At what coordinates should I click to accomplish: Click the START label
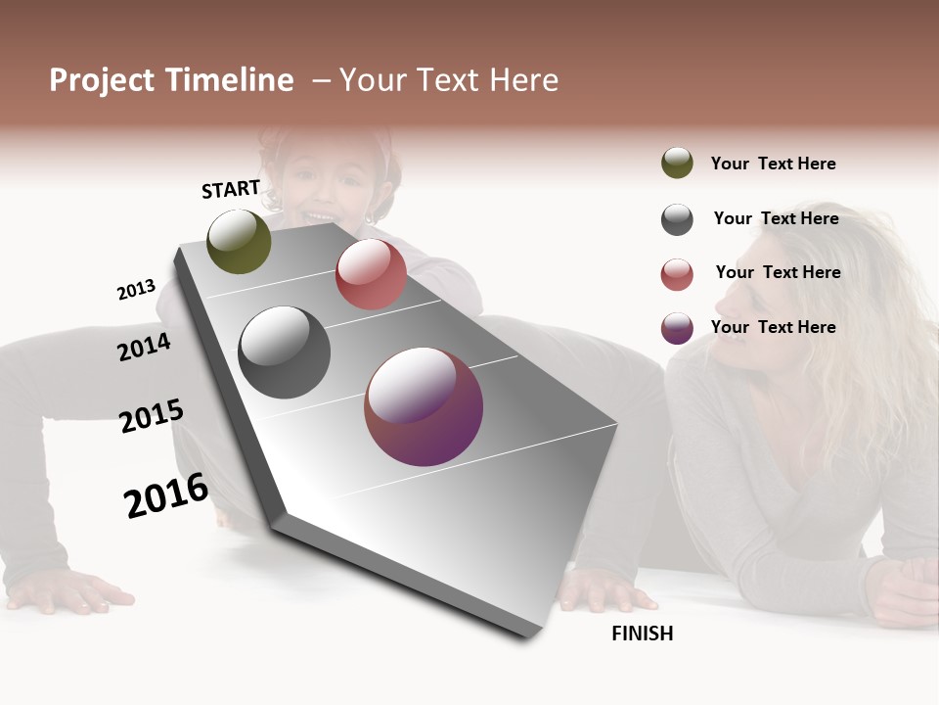click(x=231, y=189)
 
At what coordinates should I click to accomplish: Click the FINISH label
click(x=642, y=634)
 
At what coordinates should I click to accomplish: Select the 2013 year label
click(x=136, y=290)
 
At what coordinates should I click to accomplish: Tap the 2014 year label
click(x=144, y=347)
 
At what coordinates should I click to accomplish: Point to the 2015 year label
click(x=152, y=416)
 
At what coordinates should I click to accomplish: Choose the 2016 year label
click(x=166, y=495)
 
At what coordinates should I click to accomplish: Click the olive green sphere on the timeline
click(x=239, y=241)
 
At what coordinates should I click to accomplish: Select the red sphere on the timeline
click(x=371, y=274)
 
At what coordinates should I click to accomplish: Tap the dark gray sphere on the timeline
click(x=284, y=352)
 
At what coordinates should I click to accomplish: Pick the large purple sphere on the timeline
click(x=424, y=407)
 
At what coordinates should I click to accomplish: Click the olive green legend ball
click(x=677, y=164)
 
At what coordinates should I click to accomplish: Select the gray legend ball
click(x=677, y=219)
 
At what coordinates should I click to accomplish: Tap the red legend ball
click(x=677, y=274)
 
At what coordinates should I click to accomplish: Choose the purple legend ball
click(x=677, y=329)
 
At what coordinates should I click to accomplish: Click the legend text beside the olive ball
click(x=773, y=164)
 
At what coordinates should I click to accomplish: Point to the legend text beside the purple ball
click(x=773, y=327)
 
